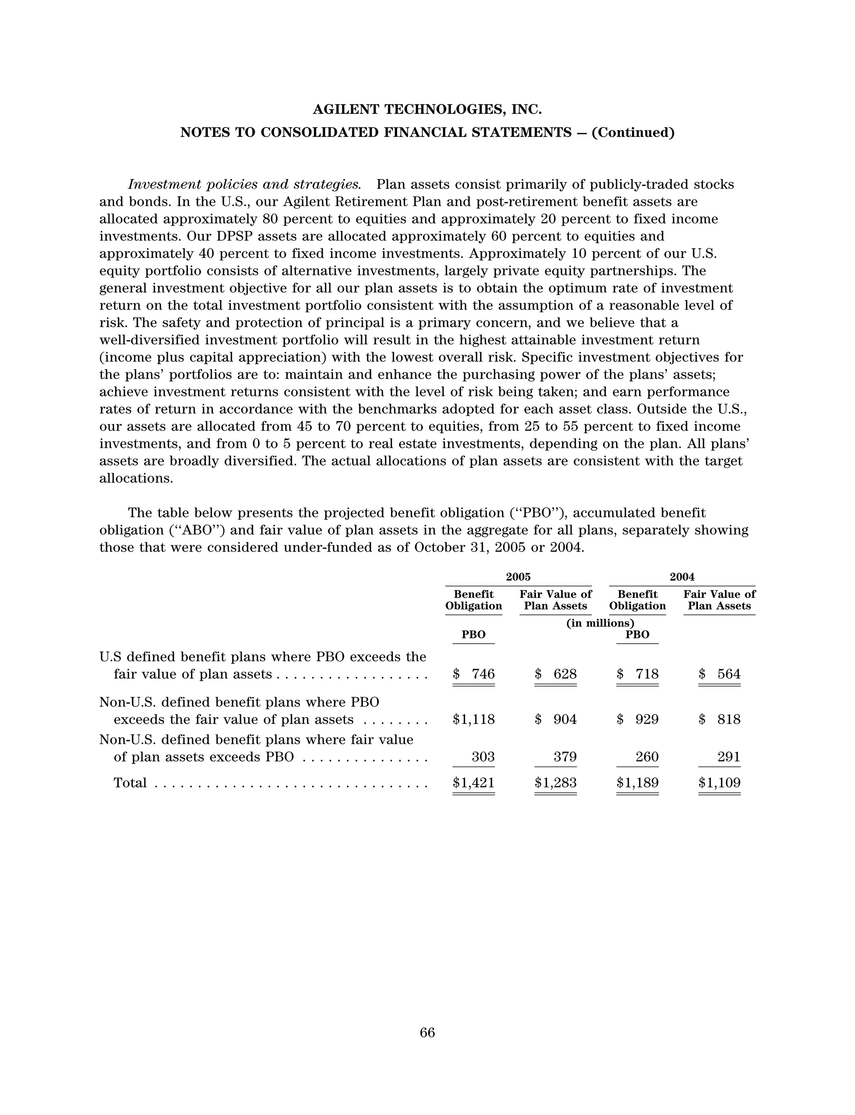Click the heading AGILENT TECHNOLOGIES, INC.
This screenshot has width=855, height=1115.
[x=427, y=109]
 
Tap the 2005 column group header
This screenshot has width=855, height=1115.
[x=518, y=577]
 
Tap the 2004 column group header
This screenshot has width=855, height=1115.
[x=682, y=577]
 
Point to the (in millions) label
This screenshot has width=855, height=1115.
[x=600, y=623]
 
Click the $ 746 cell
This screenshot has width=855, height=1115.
[x=474, y=674]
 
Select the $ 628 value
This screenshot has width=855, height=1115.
[x=556, y=674]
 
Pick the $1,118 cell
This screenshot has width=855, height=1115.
[x=474, y=719]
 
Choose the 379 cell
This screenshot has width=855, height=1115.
[x=565, y=757]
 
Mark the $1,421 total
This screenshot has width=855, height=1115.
[x=474, y=782]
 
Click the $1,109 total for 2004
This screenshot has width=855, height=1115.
[x=720, y=782]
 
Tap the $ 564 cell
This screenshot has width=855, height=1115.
[x=720, y=674]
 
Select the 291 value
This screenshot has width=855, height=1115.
[x=729, y=757]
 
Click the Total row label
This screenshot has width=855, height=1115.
[x=130, y=782]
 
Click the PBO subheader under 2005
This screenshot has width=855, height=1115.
[x=473, y=635]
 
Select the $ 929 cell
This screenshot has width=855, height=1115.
[x=637, y=719]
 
